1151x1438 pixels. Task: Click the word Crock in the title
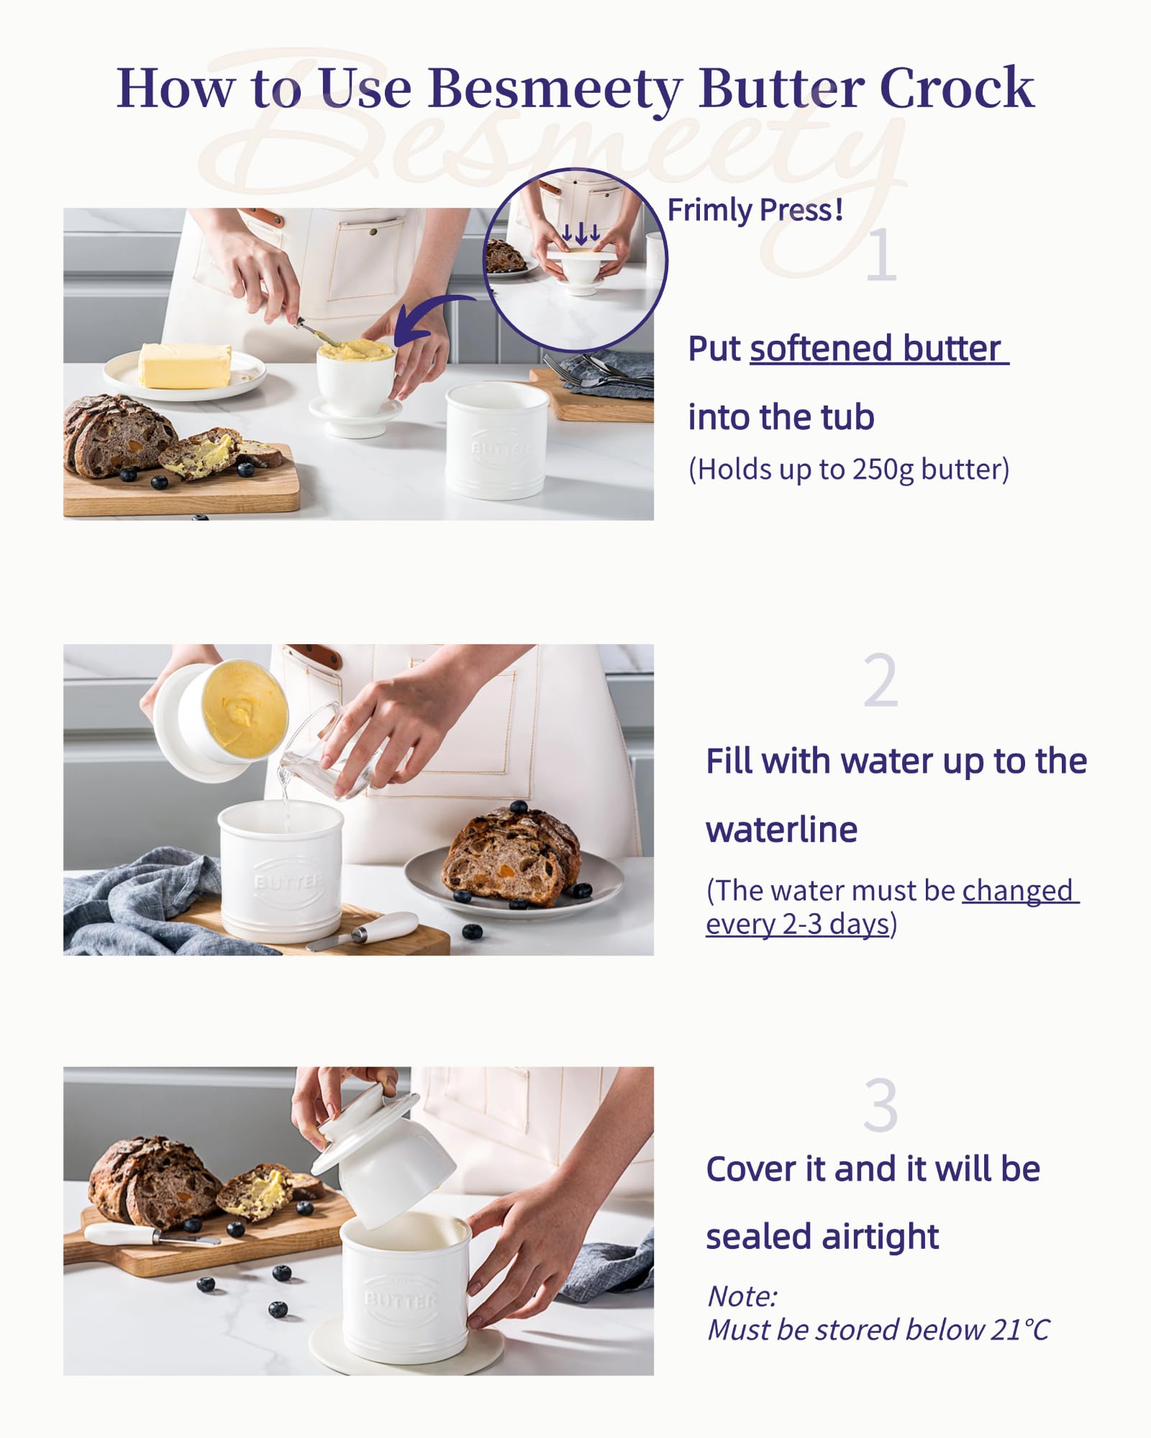click(957, 88)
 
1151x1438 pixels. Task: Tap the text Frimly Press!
click(755, 210)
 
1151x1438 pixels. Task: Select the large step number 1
click(881, 255)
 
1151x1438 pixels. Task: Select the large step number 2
click(881, 680)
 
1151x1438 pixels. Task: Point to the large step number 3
click(881, 1106)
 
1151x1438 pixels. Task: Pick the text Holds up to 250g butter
click(849, 470)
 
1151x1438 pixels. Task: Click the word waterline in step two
click(781, 830)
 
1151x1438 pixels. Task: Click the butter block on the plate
click(185, 365)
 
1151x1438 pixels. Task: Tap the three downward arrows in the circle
click(581, 234)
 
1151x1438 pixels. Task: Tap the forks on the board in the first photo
click(597, 370)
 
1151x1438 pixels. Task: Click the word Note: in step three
click(742, 1296)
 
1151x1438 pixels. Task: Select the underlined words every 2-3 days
click(798, 924)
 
